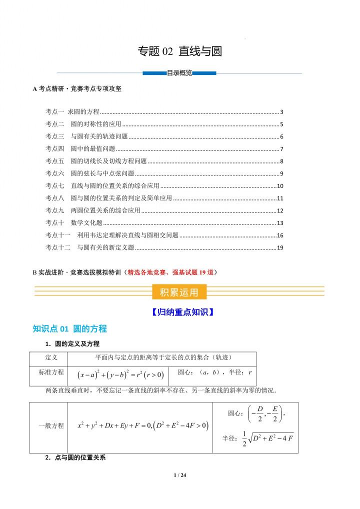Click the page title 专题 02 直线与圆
click(179, 51)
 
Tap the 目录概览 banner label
click(179, 73)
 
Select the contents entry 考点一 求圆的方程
click(72, 112)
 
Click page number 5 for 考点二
click(282, 124)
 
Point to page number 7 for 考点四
click(282, 149)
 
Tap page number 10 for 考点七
click(280, 186)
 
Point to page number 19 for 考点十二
click(280, 247)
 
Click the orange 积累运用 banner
click(178, 292)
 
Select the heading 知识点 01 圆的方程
click(69, 328)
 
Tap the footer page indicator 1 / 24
click(179, 475)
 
